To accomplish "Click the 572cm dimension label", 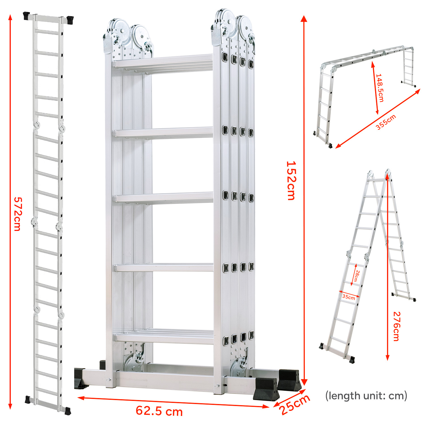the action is click(x=17, y=214).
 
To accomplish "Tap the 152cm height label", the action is click(x=291, y=181).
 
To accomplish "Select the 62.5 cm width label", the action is click(x=159, y=411).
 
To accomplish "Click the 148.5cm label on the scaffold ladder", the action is click(x=380, y=88).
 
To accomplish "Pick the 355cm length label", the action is click(x=386, y=122).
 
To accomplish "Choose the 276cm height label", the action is click(x=396, y=326).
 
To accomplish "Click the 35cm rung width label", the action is click(x=348, y=297).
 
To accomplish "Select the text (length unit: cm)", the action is click(x=366, y=396).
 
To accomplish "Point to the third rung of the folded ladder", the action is click(x=164, y=197).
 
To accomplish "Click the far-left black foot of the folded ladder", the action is click(x=80, y=378).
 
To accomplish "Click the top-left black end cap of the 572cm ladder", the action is click(x=27, y=16).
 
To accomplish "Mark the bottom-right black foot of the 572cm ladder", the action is click(x=68, y=411).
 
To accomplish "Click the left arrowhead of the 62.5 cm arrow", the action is click(x=81, y=398).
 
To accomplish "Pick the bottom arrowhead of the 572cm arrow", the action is click(x=10, y=406).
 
